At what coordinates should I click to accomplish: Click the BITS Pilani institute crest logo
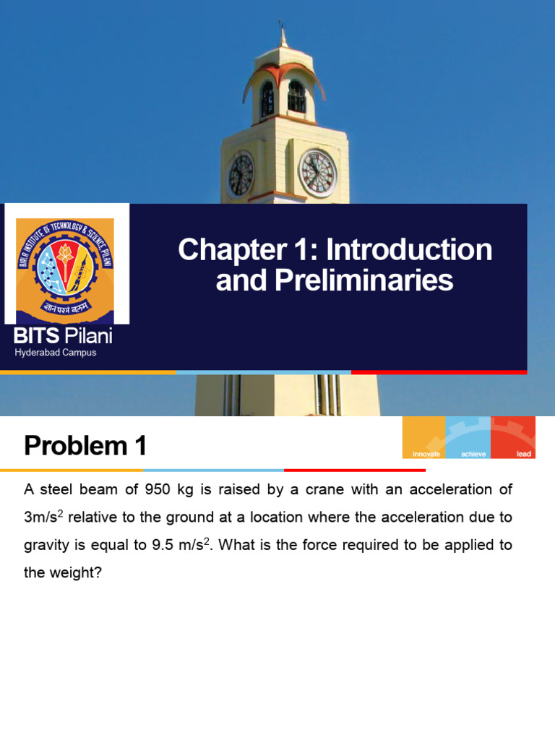pos(65,262)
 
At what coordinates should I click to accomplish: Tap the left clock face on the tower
pos(241,175)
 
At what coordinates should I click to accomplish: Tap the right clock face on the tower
pos(318,173)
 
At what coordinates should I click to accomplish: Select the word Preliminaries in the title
pos(335,280)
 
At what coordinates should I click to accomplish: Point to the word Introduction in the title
pos(409,250)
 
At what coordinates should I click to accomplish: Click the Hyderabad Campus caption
pos(56,353)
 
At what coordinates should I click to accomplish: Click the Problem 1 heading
pos(85,446)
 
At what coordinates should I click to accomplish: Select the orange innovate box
pos(424,438)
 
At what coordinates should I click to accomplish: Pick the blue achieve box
pos(468,438)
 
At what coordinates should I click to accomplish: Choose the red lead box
pos(513,438)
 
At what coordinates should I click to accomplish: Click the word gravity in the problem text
pos(46,546)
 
